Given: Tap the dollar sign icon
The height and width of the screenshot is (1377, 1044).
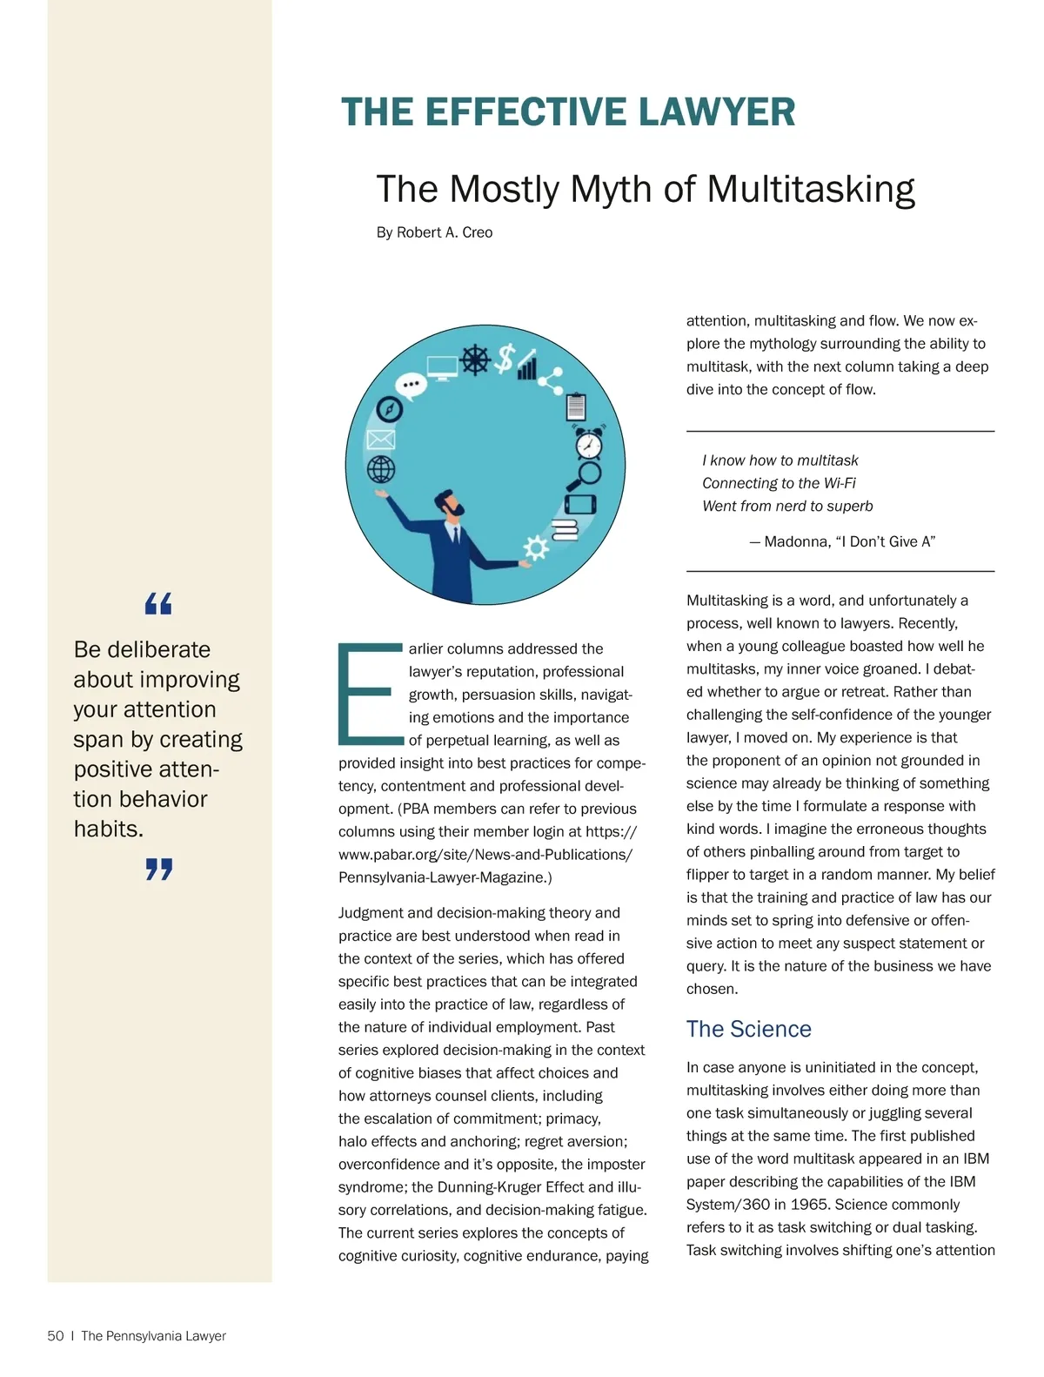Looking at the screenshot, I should (504, 357).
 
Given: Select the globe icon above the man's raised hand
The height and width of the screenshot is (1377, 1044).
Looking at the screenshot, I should (381, 469).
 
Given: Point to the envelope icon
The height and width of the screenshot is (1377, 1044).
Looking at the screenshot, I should (381, 440).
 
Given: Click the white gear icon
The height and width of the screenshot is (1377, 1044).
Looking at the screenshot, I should (535, 547).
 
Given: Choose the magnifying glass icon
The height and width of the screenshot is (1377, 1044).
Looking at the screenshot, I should (586, 475).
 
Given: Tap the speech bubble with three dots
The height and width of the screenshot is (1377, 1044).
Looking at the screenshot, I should (410, 384).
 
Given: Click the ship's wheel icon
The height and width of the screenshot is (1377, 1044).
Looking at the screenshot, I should (475, 359).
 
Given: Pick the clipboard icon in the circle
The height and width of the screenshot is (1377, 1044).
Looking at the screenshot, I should (575, 406).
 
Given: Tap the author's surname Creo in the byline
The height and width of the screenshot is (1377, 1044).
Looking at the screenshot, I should (478, 232).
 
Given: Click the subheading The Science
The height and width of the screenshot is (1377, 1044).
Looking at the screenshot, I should (748, 1029).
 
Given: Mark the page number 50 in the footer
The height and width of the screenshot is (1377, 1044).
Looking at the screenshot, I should (56, 1336).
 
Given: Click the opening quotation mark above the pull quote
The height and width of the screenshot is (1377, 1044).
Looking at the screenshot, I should (158, 603).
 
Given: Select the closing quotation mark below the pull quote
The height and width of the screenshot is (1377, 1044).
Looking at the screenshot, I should (158, 869).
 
